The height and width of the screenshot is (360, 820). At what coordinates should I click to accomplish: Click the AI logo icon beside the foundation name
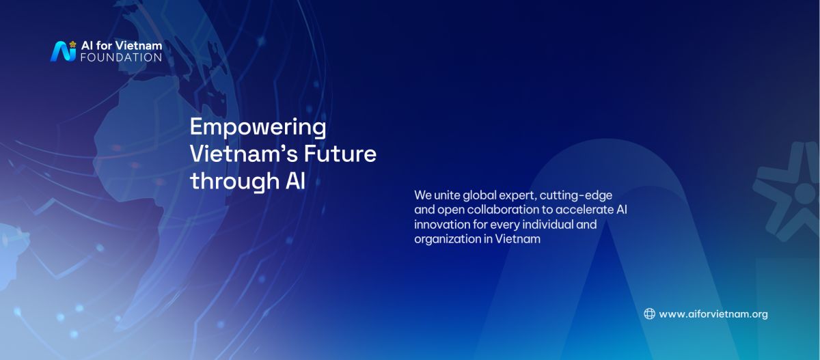tap(63, 51)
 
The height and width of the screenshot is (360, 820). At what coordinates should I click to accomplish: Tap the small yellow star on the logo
tap(73, 44)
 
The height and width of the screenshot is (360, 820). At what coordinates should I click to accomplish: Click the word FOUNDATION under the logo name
tap(121, 57)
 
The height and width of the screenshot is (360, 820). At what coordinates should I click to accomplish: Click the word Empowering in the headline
tap(258, 128)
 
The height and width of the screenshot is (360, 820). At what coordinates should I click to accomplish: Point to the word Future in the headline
tap(340, 154)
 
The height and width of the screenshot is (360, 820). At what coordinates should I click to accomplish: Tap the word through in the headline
tap(235, 181)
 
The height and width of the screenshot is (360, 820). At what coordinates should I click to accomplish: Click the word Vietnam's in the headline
tap(244, 154)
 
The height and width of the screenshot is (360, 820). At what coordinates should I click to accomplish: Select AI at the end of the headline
tap(295, 181)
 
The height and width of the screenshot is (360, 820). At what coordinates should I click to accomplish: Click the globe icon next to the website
tap(649, 314)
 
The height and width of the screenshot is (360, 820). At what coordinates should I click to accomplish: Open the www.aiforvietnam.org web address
tap(713, 314)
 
